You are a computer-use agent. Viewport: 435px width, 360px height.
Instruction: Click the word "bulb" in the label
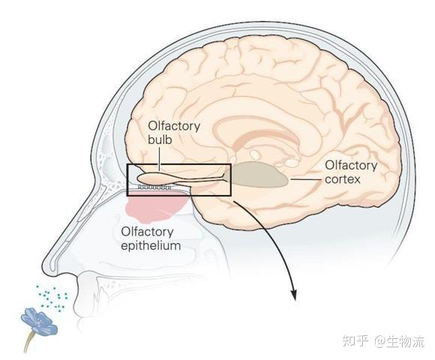pos(160,139)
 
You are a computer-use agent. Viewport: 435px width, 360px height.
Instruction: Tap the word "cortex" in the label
pos(342,179)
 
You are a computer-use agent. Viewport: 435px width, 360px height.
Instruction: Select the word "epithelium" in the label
pos(151,246)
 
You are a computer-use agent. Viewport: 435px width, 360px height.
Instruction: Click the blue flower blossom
pos(39,321)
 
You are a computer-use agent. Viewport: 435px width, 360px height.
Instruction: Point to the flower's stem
pos(29,343)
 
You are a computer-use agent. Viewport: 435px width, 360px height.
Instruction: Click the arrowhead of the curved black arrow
pos(293,295)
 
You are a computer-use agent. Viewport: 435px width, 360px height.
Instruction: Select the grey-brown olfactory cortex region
pos(258,174)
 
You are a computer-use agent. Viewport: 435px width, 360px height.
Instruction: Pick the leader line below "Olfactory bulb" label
pos(159,159)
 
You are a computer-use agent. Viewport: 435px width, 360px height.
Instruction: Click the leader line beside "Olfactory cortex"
pos(306,179)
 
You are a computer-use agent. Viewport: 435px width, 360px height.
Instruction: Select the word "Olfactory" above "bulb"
pos(174,126)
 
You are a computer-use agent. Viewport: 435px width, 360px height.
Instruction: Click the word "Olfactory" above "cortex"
pos(351,165)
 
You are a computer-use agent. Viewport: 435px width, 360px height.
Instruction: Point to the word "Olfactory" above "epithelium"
pos(147,232)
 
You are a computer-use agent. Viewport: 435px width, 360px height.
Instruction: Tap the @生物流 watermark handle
pos(400,340)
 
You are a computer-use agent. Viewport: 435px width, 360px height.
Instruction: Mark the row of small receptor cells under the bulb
pos(154,187)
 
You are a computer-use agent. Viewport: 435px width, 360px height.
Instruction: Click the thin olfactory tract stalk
pos(199,180)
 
